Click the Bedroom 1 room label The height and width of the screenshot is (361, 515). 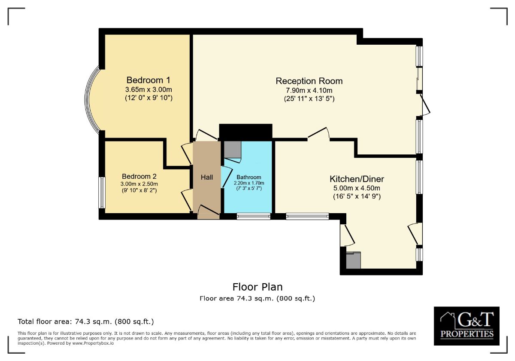click(148, 80)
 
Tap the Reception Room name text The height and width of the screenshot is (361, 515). click(309, 81)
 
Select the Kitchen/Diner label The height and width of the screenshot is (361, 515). click(357, 179)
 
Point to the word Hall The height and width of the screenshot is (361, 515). click(207, 177)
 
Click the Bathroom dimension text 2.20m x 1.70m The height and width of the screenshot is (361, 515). click(249, 183)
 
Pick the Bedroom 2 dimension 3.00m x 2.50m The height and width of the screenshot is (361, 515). click(139, 184)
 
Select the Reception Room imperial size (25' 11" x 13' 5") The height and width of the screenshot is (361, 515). click(309, 99)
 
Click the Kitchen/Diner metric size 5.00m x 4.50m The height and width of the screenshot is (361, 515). click(357, 188)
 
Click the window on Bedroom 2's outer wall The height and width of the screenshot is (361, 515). click(102, 193)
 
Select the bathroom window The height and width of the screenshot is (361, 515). click(253, 216)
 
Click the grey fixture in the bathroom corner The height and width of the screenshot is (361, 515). click(233, 150)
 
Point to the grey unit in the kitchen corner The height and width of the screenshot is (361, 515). click(353, 260)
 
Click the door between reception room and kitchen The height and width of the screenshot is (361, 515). click(318, 134)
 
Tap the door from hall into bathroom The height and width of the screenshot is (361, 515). click(226, 177)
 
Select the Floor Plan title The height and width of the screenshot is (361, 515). click(257, 287)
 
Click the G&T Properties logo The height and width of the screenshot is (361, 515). click(467, 326)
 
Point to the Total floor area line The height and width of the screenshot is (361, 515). click(86, 321)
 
